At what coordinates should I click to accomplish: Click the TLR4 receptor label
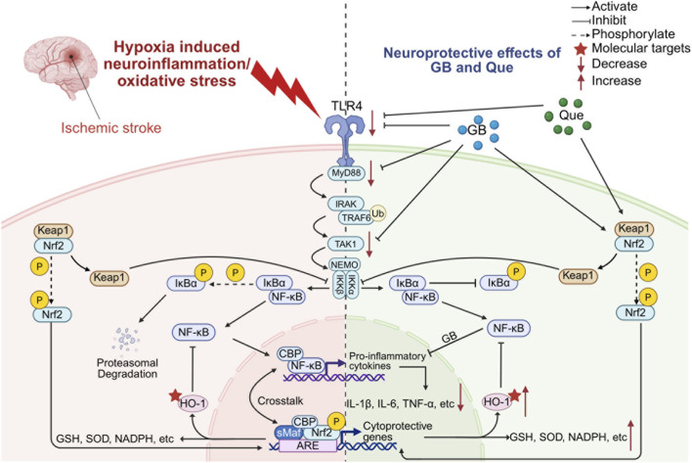pos(345,106)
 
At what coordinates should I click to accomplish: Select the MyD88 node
pos(346,172)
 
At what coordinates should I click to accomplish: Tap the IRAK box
pos(346,204)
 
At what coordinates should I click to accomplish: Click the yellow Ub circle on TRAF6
pos(378,213)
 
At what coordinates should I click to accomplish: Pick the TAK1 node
pos(346,244)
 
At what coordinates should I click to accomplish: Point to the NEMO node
pos(344,264)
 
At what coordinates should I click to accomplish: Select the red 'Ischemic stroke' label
pos(111,128)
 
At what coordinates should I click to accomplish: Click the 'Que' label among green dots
pos(571,116)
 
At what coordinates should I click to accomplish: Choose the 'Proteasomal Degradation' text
pos(127,368)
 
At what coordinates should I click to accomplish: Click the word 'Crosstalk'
pos(281,400)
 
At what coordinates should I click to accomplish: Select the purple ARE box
pos(308,445)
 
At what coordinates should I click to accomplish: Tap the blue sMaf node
pos(289,433)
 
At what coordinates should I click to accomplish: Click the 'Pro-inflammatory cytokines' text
pos(387,361)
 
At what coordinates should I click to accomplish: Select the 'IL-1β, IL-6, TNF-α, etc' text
pos(401,403)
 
